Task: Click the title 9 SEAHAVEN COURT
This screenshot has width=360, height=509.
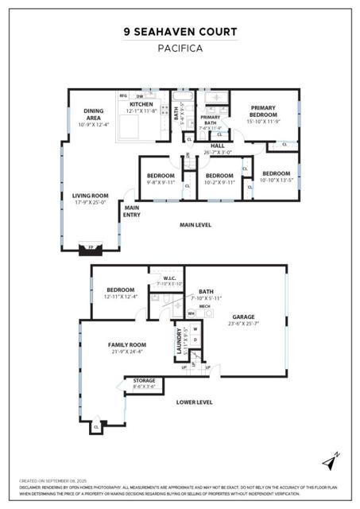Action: click(180, 32)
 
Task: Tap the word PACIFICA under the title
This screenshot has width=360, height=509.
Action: click(180, 49)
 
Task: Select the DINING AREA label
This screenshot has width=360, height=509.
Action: click(93, 115)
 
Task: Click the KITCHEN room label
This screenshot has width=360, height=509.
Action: click(141, 104)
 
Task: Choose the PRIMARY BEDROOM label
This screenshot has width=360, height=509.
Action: click(262, 111)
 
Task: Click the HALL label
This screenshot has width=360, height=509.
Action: click(217, 146)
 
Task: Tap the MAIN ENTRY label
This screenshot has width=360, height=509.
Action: click(132, 211)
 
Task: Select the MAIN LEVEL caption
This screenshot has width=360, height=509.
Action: click(195, 225)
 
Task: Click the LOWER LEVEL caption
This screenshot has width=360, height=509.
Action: click(194, 402)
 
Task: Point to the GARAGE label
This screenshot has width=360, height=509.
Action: click(244, 317)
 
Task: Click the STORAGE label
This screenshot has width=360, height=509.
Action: click(144, 381)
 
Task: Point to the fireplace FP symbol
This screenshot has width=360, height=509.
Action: click(90, 247)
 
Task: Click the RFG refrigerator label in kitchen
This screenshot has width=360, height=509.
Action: click(123, 95)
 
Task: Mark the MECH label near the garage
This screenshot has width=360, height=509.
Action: click(204, 305)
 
